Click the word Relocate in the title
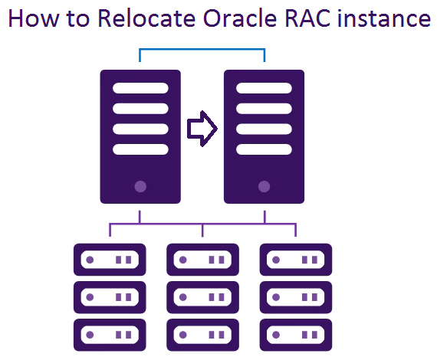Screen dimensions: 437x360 coord(146,18)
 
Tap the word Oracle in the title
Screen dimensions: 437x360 coord(240,18)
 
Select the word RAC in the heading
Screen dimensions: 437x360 coord(307,18)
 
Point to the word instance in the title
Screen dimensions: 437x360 coord(384,18)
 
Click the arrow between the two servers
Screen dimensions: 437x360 coord(202,129)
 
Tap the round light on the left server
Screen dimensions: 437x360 coord(140,187)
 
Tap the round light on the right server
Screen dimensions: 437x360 coord(264,187)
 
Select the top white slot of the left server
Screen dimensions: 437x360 coord(140,88)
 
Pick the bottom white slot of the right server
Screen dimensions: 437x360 coord(264,149)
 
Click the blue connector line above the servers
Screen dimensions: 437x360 coord(202,49)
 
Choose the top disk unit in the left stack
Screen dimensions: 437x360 coord(110,260)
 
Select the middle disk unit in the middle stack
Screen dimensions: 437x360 coord(202,297)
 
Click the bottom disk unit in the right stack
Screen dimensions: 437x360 coord(296,335)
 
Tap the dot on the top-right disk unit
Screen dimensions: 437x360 coord(276,260)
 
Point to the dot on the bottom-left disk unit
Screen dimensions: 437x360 coord(90,335)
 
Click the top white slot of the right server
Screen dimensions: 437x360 coord(264,88)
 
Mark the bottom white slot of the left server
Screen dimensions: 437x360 coord(140,149)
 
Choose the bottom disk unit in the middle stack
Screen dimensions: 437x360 coord(202,335)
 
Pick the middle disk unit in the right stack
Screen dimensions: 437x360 coord(296,297)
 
